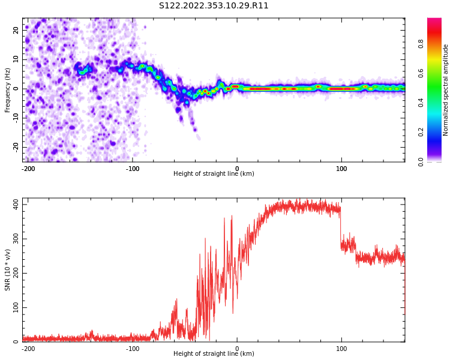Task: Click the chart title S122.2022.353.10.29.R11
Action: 214,6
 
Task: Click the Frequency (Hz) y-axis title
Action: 8,90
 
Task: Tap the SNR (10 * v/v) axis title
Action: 8,270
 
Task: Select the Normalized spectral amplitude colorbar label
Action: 446,90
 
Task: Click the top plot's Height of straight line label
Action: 214,174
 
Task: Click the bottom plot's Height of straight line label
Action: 214,354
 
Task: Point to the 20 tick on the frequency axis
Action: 16,29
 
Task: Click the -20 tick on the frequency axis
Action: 15,147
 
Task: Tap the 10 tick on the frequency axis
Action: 16,59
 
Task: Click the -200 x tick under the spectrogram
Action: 28,168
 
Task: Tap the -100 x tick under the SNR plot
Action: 133,349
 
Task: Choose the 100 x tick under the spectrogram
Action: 341,168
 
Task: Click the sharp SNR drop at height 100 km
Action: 341,225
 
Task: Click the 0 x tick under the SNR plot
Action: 237,349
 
